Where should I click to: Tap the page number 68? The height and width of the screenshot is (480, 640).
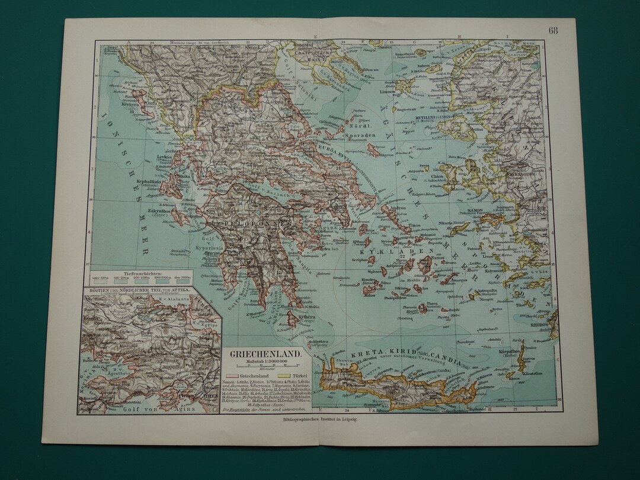[x=552, y=30]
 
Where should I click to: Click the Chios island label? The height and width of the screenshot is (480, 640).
[x=455, y=176]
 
